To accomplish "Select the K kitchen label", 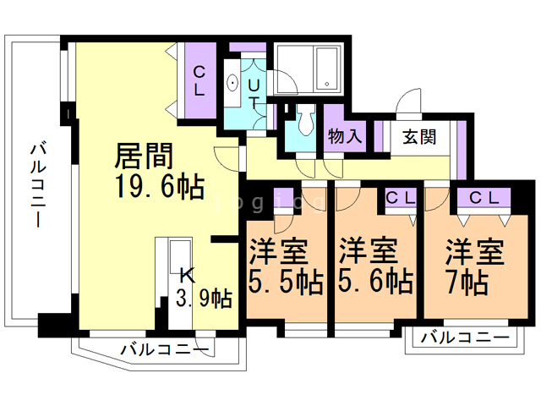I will (x=185, y=274).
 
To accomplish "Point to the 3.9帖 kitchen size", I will (x=204, y=298).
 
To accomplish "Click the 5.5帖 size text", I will (x=285, y=283).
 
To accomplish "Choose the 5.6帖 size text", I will (x=375, y=283).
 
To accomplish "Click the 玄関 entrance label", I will (x=419, y=136).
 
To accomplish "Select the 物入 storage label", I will (x=345, y=136).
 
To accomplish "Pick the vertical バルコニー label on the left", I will (x=36, y=183).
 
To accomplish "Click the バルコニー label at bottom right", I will (x=465, y=338).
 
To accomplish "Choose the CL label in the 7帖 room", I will (x=484, y=198).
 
